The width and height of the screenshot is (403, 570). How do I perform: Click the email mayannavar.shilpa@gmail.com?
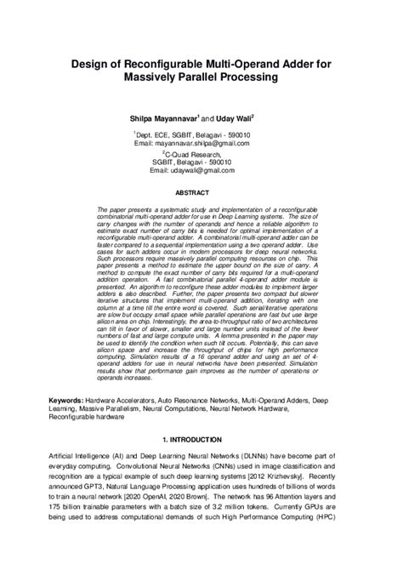pos(201,143)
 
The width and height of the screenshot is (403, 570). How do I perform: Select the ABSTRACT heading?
pos(201,192)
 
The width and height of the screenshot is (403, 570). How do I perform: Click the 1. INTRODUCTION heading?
pos(201,440)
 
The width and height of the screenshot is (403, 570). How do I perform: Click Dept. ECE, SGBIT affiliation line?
pos(201,134)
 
